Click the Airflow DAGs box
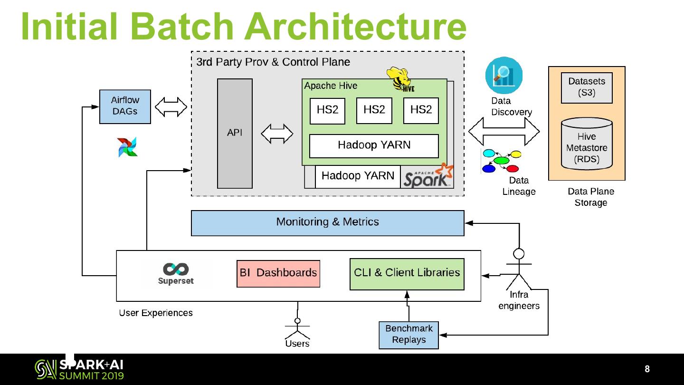(x=125, y=106)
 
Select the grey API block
(x=235, y=133)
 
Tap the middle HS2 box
(x=374, y=110)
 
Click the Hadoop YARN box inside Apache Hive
(x=374, y=145)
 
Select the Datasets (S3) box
(x=587, y=87)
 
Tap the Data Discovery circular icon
(x=503, y=75)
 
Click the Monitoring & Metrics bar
(x=327, y=222)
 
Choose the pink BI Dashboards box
(x=278, y=273)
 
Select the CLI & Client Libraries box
(x=407, y=274)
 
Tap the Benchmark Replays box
(x=408, y=335)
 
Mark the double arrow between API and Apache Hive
(x=277, y=134)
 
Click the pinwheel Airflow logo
(x=127, y=147)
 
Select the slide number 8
(x=647, y=369)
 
